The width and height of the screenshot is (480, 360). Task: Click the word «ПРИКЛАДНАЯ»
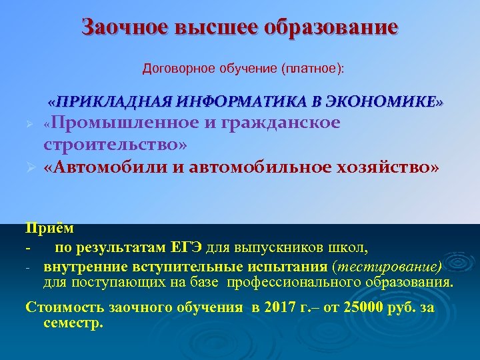pos(115,102)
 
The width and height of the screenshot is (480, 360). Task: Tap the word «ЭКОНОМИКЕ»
pos(386,102)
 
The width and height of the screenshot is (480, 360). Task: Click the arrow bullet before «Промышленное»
pos(30,125)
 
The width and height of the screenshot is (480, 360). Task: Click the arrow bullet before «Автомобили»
pos(30,167)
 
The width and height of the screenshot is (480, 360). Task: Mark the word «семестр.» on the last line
pos(73,323)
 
